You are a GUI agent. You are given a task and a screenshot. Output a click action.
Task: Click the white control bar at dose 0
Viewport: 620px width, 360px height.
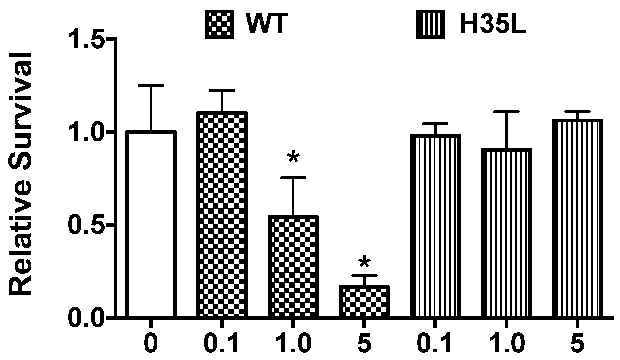click(151, 224)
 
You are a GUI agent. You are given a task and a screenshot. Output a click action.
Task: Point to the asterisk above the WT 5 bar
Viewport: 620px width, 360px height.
click(364, 263)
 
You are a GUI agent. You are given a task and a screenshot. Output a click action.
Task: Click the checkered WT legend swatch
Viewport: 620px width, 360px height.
click(219, 24)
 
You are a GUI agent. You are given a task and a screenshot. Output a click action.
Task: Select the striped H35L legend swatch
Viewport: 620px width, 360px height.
click(431, 24)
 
